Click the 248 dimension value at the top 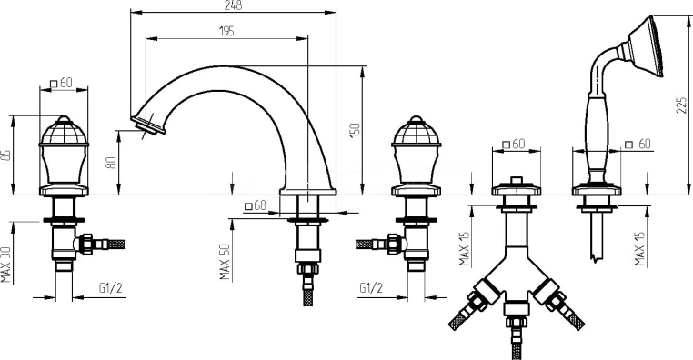(233, 5)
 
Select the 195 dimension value (226, 31)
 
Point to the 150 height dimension (356, 130)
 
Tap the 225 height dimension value (681, 105)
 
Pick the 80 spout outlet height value (112, 162)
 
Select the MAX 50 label (225, 262)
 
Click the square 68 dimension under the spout (256, 205)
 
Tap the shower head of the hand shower (646, 45)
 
